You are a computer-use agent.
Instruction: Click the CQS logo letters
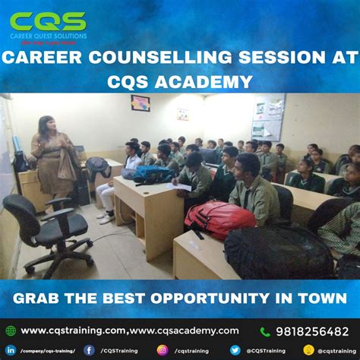point(47,21)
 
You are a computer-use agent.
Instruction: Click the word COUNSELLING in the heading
point(172,57)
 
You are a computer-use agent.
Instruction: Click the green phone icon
point(265,331)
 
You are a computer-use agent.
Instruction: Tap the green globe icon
point(10,331)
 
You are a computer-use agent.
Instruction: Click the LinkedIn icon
point(10,350)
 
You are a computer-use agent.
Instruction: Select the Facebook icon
point(89,350)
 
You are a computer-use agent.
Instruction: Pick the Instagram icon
point(162,350)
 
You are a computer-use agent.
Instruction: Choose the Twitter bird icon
point(235,350)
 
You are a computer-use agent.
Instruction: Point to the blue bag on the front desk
point(151,174)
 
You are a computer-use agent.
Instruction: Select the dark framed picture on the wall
point(141,103)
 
